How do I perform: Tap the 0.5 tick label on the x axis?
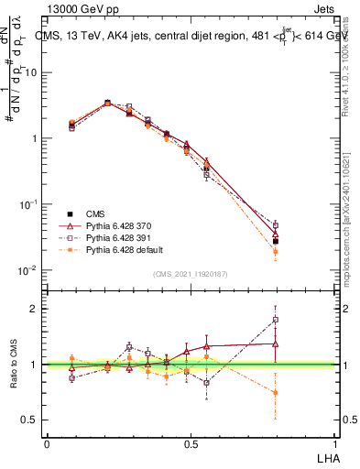point(191,443)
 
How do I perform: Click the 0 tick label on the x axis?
point(47,443)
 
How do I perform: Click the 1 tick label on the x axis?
point(334,443)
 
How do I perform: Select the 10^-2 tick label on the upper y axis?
point(27,270)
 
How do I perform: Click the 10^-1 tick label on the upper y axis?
point(27,204)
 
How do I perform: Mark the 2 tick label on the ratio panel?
point(35,309)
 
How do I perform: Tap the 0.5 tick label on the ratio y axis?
point(30,420)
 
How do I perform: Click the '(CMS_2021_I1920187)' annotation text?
point(191,274)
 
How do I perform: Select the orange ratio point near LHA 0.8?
point(275,392)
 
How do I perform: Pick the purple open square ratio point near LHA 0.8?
point(275,321)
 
